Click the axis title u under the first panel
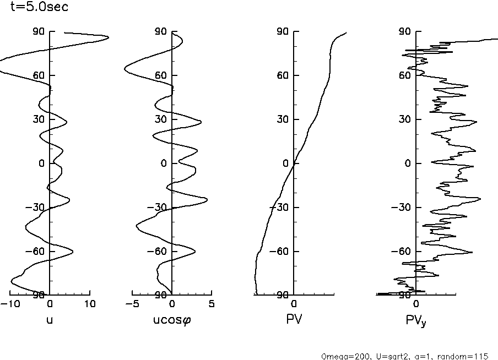(50, 319)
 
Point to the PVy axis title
(416, 320)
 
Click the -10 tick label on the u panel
(9, 303)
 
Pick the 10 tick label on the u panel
(90, 303)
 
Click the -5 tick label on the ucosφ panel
(132, 303)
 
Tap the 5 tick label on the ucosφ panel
(212, 303)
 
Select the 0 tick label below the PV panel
(294, 303)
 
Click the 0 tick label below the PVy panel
(416, 303)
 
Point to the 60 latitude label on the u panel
(38, 75)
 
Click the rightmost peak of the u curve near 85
(108, 37)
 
